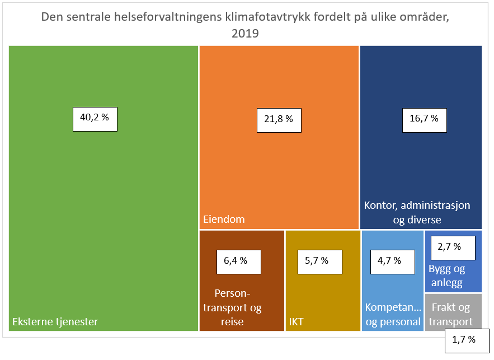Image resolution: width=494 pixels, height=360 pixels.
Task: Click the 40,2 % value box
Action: [x=95, y=118]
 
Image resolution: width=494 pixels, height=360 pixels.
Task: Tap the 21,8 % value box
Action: [x=279, y=119]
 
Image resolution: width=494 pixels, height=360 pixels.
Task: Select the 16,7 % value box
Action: [x=425, y=119]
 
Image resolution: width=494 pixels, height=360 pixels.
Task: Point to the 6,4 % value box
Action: [x=239, y=261]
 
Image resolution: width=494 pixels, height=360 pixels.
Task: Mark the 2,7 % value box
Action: [x=453, y=247]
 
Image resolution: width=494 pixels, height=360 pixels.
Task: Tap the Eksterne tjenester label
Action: [x=55, y=321]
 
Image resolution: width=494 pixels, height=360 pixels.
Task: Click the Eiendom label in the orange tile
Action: [x=224, y=219]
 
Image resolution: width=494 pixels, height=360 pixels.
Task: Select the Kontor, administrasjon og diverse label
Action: [x=417, y=212]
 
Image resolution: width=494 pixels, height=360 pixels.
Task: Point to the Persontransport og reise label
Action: [x=232, y=307]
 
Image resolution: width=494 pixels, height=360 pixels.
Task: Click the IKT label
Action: [x=297, y=322]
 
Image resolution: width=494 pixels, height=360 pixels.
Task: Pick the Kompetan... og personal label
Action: [x=393, y=315]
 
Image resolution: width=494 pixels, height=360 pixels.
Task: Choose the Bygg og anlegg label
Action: [x=446, y=275]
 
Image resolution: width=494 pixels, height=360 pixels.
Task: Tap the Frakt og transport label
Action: [x=451, y=315]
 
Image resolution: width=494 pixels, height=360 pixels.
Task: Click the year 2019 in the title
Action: [x=245, y=33]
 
